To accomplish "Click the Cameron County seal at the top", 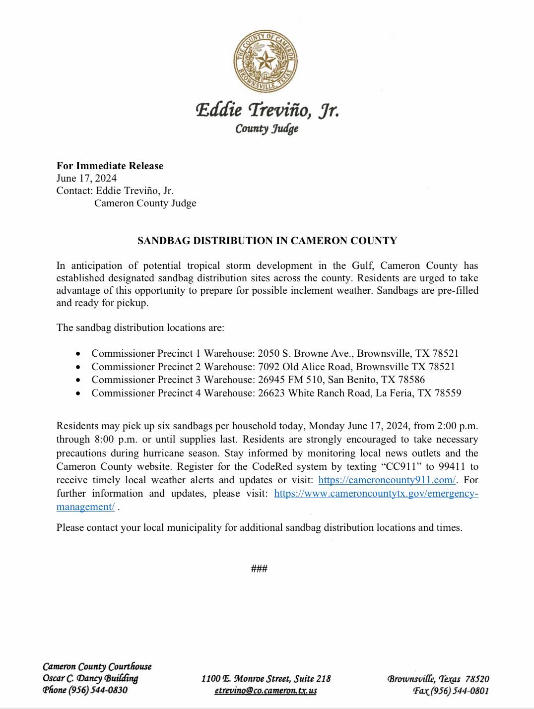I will (266, 61).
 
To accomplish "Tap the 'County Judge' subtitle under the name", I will (267, 129).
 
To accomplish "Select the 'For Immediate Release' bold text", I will (110, 166).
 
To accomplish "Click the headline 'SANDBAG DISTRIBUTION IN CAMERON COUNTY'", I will (267, 241).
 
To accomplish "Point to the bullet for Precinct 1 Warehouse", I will (78, 354).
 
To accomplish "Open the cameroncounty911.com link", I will (387, 480).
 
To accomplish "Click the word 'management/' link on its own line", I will (85, 507).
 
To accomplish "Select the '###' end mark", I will (259, 569).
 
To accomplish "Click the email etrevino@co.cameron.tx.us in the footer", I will (266, 691).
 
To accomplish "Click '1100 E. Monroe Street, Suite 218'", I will (266, 679).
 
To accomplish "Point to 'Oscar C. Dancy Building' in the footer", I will (90, 678).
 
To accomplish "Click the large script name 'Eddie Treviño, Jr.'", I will (267, 110).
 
